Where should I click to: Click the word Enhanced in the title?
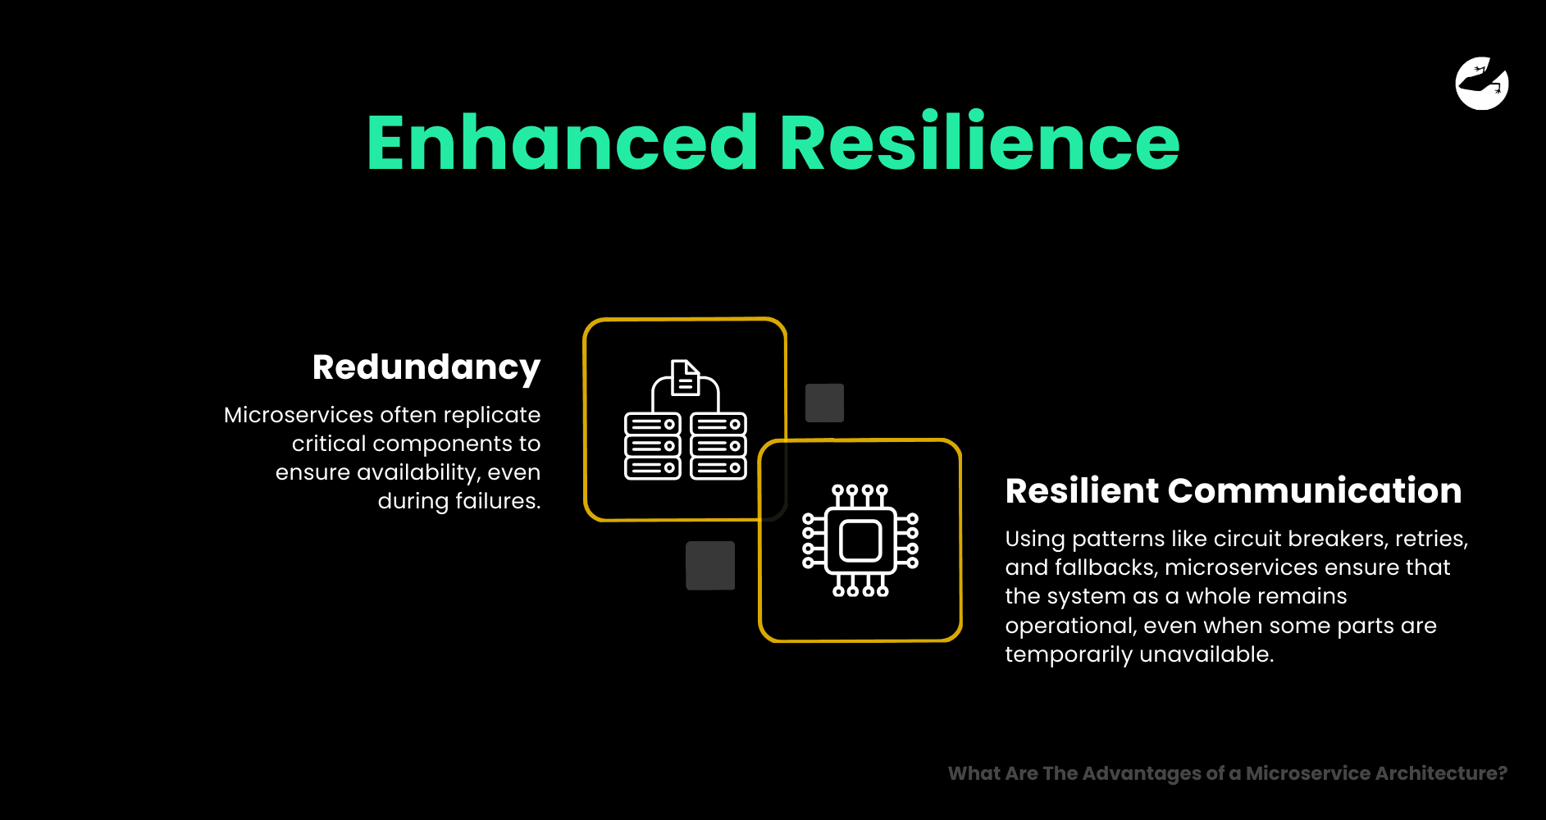(x=562, y=143)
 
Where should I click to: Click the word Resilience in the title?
(x=980, y=143)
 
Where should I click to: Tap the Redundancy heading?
(x=426, y=368)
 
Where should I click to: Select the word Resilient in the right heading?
(x=1081, y=490)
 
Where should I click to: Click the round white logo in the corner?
(x=1482, y=83)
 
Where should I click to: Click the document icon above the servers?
(x=685, y=377)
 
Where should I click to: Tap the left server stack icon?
(x=653, y=446)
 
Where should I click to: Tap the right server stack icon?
(x=718, y=446)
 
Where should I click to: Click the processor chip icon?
(x=860, y=540)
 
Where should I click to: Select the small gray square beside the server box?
(x=824, y=403)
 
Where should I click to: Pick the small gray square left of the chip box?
(x=710, y=565)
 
